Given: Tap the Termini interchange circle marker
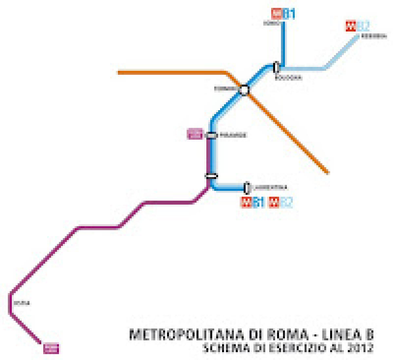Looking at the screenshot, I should pos(244,90).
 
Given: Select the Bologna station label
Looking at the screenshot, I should pos(288,78).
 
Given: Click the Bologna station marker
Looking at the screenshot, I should pos(277,67).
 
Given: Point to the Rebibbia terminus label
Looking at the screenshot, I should pos(374,36).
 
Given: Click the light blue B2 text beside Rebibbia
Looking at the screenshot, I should pos(363,26).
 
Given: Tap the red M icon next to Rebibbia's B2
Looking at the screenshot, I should pos(350,26).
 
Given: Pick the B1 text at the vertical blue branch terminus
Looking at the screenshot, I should pos(289,14).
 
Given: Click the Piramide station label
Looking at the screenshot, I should pos(233,135).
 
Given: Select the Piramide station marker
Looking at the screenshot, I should pos(212,135).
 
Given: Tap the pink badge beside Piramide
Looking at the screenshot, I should pos(195,134).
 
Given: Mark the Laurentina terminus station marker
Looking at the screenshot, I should pos(247,188).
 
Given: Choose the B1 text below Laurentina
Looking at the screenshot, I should pos(259,203).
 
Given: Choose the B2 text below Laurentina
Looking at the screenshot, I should pos(286,203).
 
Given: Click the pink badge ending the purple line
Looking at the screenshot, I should pos(51,349).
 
